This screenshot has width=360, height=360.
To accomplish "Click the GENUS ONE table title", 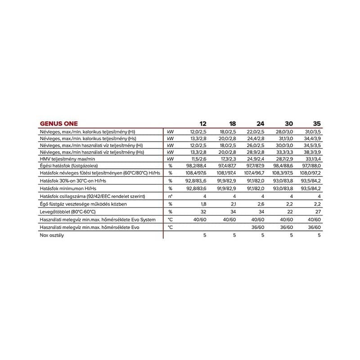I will point(58,124).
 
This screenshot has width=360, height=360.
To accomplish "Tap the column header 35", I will point(316,124).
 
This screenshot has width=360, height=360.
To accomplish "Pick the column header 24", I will point(260,124).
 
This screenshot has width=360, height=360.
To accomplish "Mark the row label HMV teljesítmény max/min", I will point(67,159).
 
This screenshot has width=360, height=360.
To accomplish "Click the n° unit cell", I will point(170,196).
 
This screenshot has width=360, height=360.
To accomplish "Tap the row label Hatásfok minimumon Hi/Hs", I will point(68,188).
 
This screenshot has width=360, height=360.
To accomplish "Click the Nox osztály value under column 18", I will point(234,235).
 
